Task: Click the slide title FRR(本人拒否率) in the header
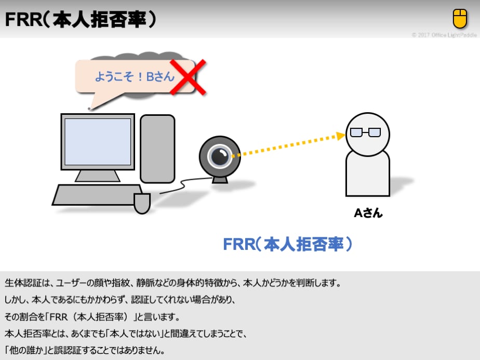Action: coord(81,20)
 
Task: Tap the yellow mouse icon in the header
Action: coord(460,19)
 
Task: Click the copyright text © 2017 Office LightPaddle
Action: coord(444,35)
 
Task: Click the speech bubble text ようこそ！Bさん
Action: coord(134,77)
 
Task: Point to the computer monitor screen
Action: coord(98,141)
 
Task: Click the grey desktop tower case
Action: coord(157,149)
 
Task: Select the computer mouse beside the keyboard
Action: coord(142,203)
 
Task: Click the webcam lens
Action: coord(218,154)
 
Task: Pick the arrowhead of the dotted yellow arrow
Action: coord(341,136)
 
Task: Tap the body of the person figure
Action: coord(367,175)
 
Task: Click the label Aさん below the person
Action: coord(368,212)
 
